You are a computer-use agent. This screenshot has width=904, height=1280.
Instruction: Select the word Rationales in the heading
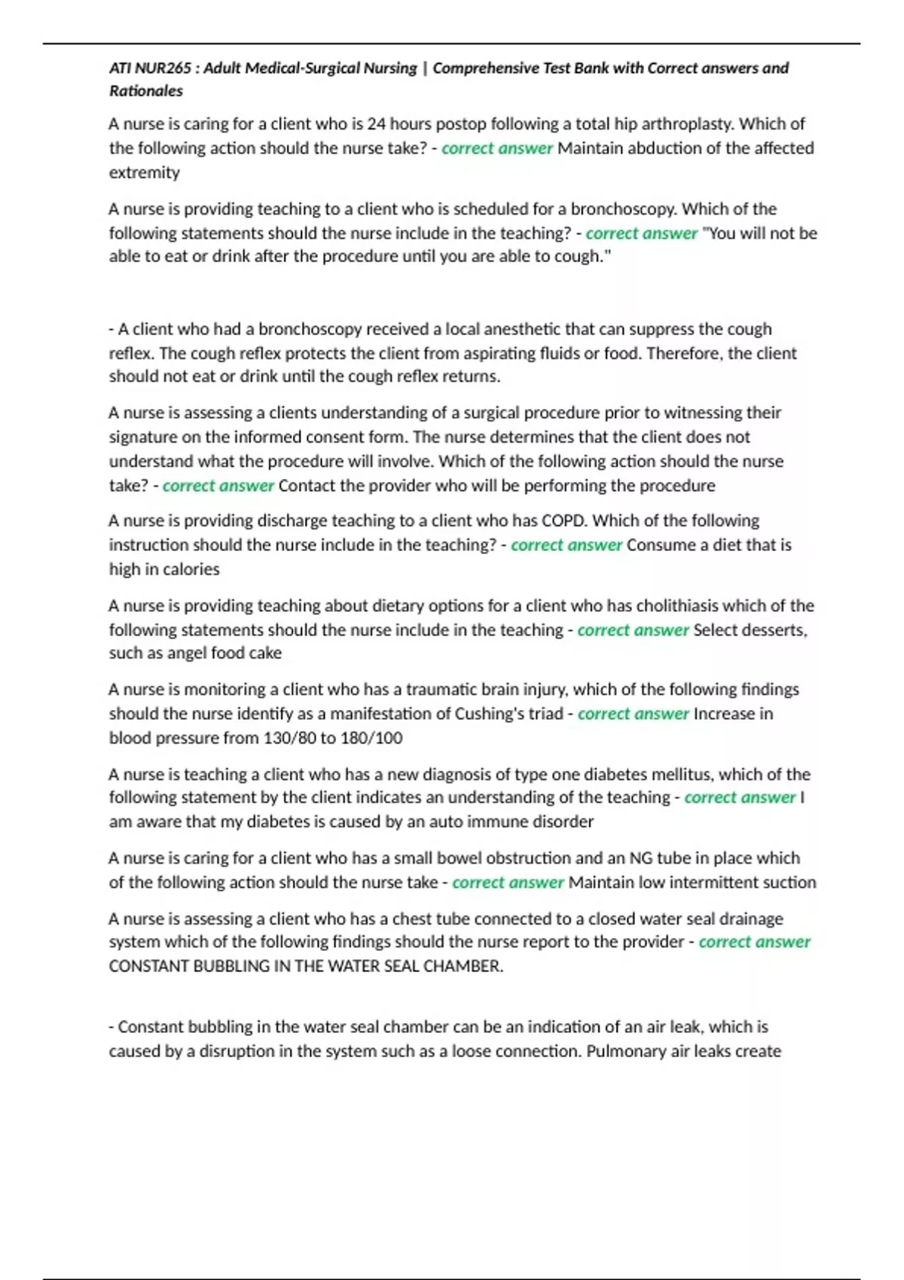pos(146,91)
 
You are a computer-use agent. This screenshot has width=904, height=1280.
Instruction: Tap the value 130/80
pos(289,738)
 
